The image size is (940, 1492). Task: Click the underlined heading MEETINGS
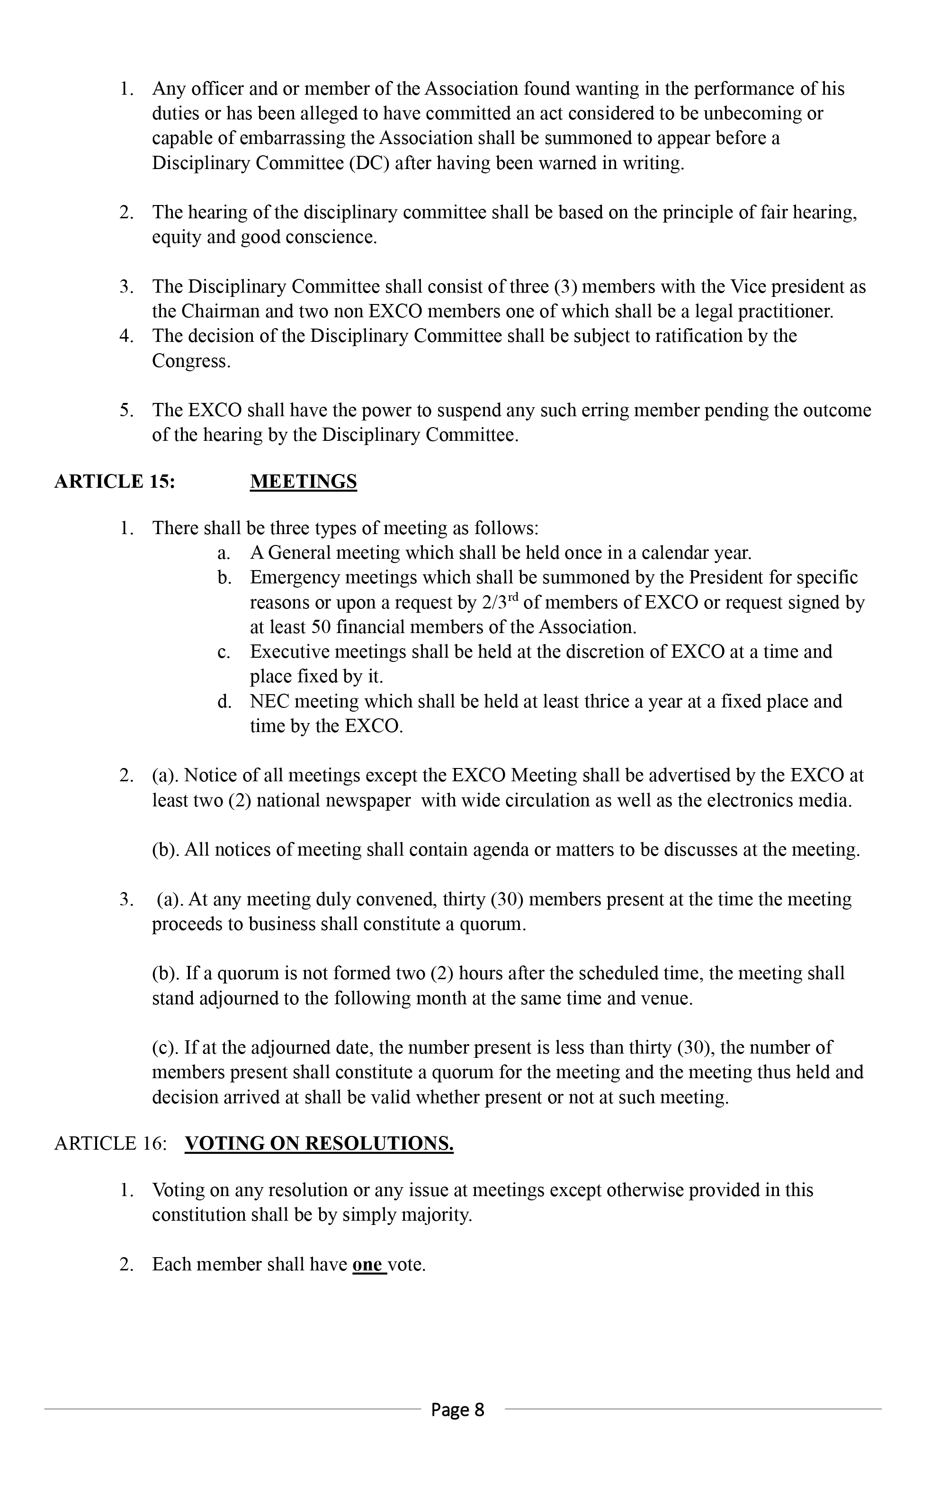coord(303,482)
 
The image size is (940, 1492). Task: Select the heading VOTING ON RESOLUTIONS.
coord(319,1143)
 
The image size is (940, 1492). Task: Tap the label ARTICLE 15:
coord(115,482)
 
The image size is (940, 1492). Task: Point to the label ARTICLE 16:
coord(111,1143)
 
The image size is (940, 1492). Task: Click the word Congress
coord(191,361)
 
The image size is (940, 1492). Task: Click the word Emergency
coord(295,578)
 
